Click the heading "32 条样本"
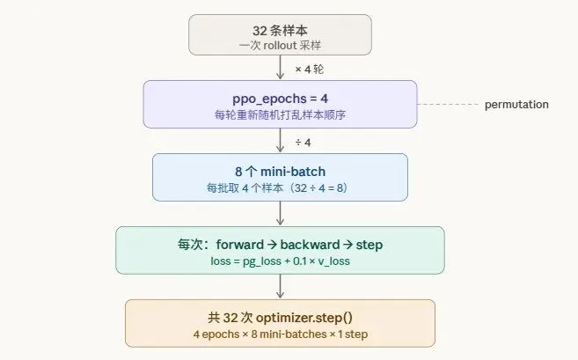pos(280,28)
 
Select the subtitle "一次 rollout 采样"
pos(280,44)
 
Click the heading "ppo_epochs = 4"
pos(280,96)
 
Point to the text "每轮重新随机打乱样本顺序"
pos(280,113)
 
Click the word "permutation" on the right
pos(516,105)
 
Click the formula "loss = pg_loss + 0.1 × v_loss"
pos(280,260)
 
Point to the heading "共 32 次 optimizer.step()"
pos(280,317)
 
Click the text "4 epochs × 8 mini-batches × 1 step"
pos(280,334)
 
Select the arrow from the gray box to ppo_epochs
pos(280,67)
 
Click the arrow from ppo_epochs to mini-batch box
pos(280,141)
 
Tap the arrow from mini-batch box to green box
pos(280,213)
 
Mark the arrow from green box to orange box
pos(280,286)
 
